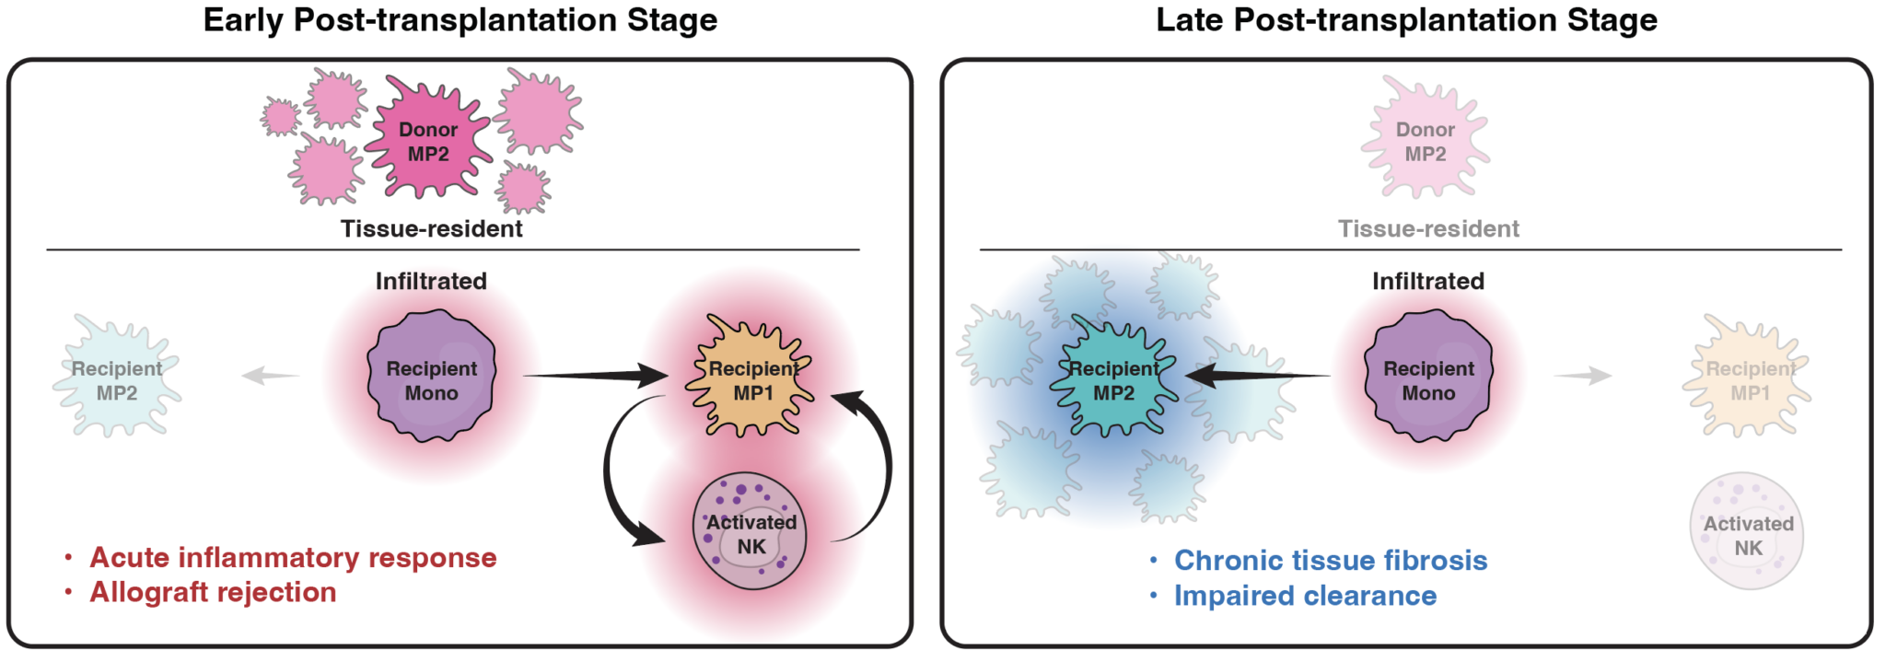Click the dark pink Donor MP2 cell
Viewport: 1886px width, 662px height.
(428, 141)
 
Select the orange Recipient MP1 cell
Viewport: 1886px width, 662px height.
(751, 378)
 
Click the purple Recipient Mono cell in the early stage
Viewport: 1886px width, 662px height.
(431, 376)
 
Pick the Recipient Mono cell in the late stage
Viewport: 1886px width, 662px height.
(1428, 376)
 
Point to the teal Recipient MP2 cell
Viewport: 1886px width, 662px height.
(1114, 378)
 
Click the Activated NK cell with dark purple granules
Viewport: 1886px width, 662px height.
(750, 531)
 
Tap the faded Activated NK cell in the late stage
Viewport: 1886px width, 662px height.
(1747, 531)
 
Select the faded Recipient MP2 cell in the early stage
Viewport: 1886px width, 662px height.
(117, 378)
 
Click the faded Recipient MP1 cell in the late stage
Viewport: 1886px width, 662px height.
(1748, 378)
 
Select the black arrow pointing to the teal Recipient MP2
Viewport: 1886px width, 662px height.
(1257, 376)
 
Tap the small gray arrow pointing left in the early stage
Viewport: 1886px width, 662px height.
(271, 376)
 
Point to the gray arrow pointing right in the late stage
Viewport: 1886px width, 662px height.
(1583, 376)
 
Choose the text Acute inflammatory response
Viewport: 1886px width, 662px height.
(293, 557)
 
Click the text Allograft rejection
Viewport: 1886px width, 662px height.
(213, 592)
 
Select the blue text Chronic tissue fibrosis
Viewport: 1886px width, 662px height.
(1331, 560)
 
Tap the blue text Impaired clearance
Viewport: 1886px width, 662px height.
(1305, 596)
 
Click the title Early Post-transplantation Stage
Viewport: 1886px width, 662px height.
(460, 20)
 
